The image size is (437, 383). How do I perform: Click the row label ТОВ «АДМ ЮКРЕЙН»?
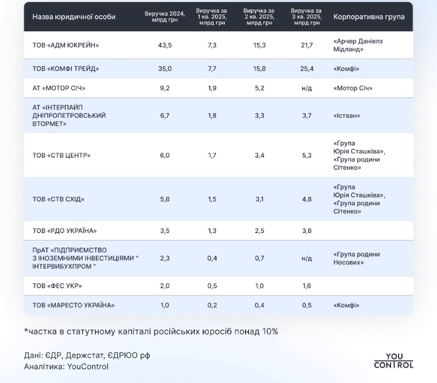click(x=66, y=45)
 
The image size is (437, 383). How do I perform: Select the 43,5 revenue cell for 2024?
click(x=165, y=45)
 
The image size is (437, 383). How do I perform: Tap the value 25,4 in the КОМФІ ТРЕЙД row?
click(x=306, y=69)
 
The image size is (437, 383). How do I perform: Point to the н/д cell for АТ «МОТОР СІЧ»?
click(x=306, y=88)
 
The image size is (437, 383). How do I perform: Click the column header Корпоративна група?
click(x=369, y=17)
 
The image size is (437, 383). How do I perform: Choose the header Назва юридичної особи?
click(x=74, y=17)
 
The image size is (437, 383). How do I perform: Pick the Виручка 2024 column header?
click(x=165, y=17)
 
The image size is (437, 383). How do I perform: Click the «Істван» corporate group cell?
click(x=347, y=115)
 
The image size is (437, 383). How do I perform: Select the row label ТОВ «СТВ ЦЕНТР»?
click(x=61, y=156)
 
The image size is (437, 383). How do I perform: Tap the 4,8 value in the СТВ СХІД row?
click(x=306, y=199)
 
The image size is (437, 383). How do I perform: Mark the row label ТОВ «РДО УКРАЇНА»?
click(x=65, y=231)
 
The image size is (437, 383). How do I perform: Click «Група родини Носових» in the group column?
click(x=356, y=258)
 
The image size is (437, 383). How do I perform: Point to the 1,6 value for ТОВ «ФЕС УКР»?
click(x=306, y=286)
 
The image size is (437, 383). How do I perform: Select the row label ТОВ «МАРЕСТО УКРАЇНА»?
click(x=73, y=305)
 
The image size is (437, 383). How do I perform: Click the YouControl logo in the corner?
click(x=393, y=361)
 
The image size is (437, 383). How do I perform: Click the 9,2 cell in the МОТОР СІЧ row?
click(x=165, y=88)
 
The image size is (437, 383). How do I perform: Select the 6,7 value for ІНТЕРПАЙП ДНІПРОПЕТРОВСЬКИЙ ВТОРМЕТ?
click(x=165, y=115)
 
